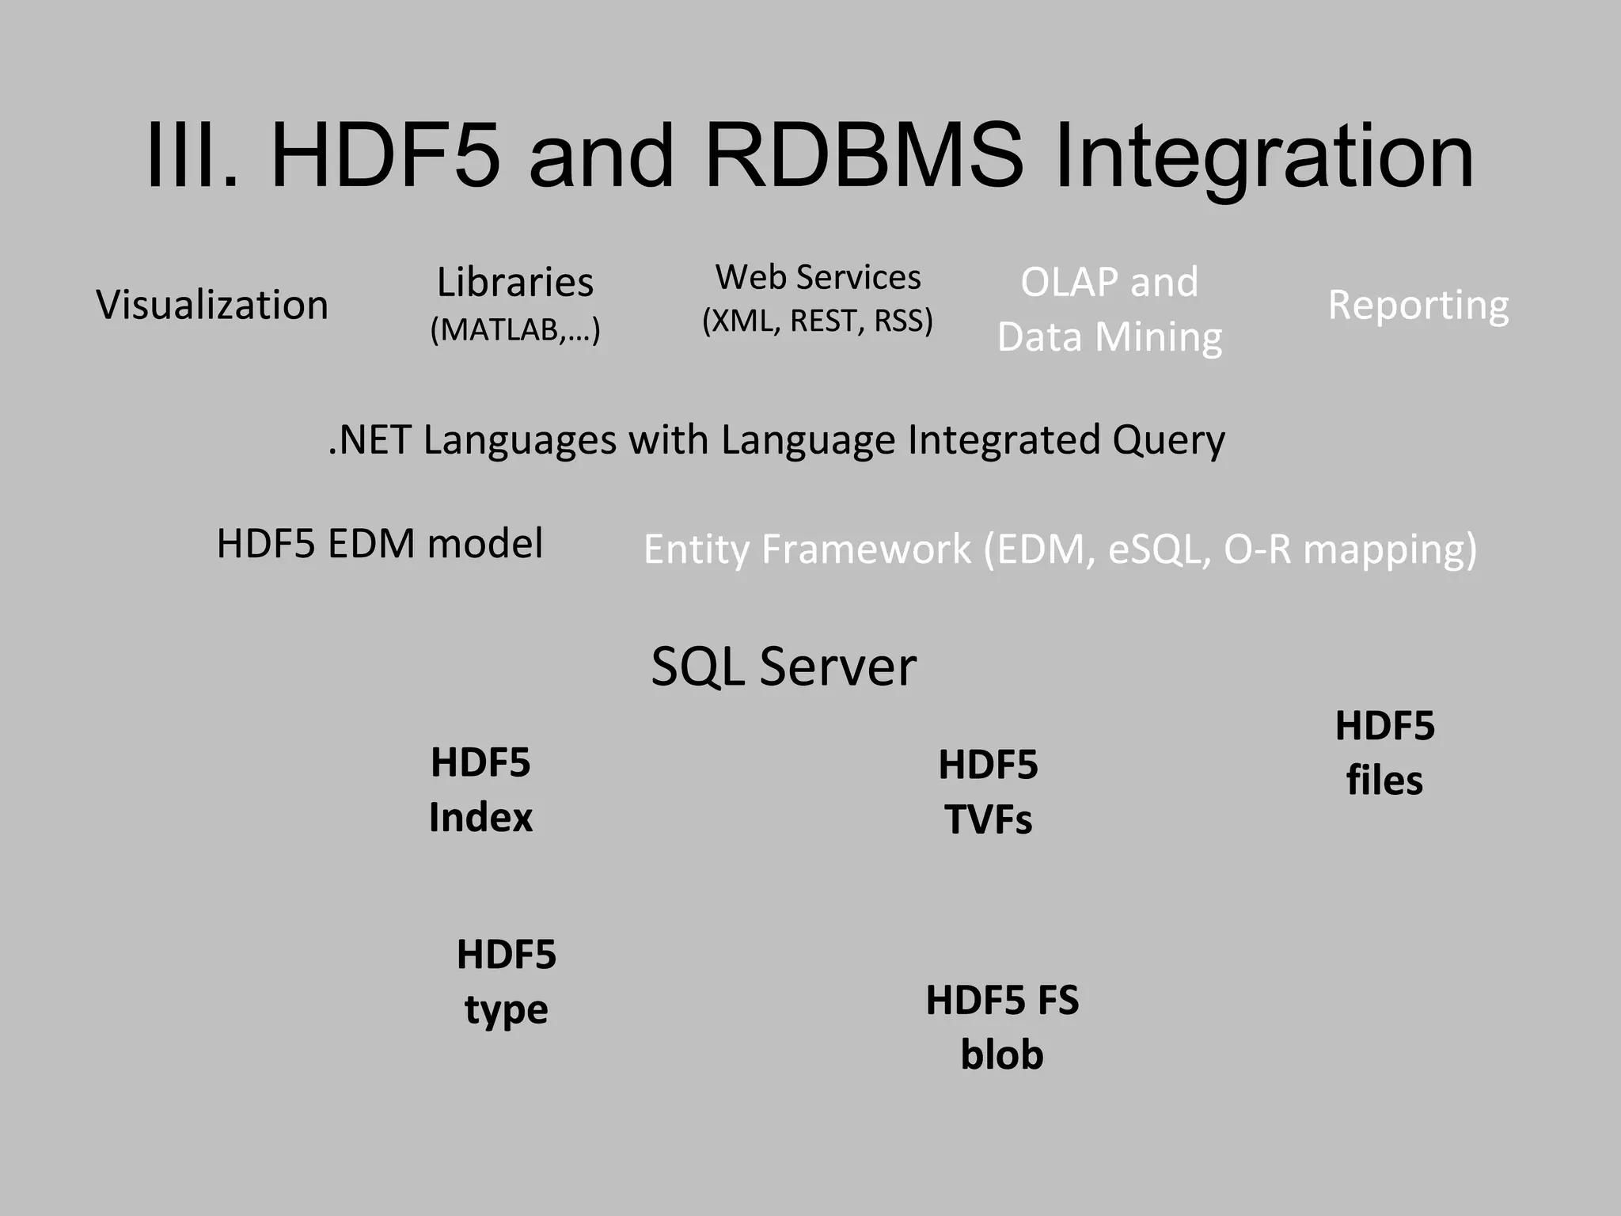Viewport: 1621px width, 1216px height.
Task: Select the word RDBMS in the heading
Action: coord(863,156)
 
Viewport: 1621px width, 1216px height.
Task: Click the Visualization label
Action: coord(212,305)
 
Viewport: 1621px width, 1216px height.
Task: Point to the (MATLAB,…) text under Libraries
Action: coord(515,329)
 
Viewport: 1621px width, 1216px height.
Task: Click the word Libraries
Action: coord(515,283)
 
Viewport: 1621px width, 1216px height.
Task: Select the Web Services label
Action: coord(818,277)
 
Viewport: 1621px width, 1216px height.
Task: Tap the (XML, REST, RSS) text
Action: coord(818,321)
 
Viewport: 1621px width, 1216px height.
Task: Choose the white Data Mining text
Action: coord(1109,337)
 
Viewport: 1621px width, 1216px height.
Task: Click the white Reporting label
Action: coord(1418,305)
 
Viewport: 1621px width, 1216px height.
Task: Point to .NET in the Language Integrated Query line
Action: coord(370,440)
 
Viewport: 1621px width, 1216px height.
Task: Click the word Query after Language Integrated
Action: coord(1168,440)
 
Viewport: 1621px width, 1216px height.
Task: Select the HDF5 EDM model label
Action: coord(380,544)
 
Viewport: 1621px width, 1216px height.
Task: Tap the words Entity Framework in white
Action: coord(807,549)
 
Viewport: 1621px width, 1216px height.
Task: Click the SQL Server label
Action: coord(783,667)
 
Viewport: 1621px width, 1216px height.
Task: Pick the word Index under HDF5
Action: coord(480,818)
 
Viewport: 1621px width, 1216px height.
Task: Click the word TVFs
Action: coord(988,820)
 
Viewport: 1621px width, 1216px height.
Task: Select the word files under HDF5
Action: coord(1384,781)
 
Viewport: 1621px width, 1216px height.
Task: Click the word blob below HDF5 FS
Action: coord(1001,1055)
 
